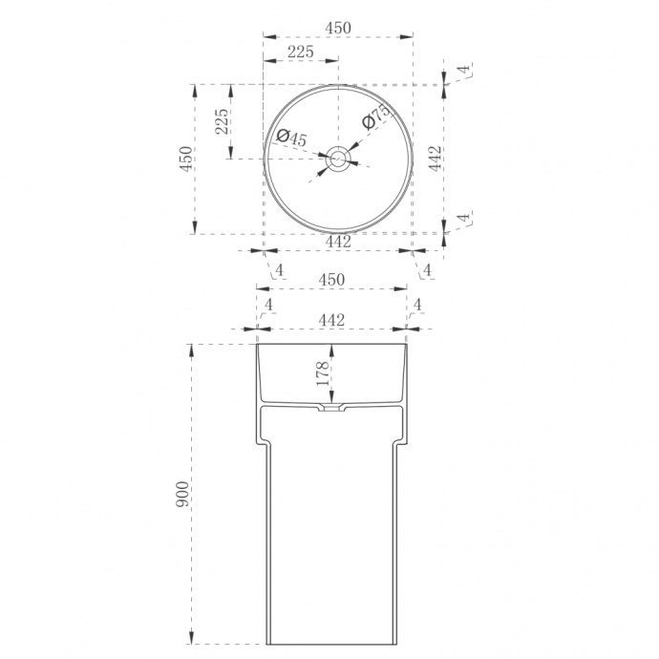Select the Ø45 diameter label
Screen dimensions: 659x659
(x=292, y=138)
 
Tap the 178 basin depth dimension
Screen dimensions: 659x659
(x=323, y=373)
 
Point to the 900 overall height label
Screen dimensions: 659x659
(x=182, y=494)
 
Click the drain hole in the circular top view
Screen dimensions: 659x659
(x=337, y=159)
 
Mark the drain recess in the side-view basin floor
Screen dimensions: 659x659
(x=331, y=407)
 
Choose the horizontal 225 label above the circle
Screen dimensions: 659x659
(x=301, y=52)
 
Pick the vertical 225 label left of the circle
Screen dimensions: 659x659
(x=222, y=121)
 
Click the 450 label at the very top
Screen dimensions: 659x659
(x=338, y=28)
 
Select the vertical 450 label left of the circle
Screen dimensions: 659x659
(x=186, y=159)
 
